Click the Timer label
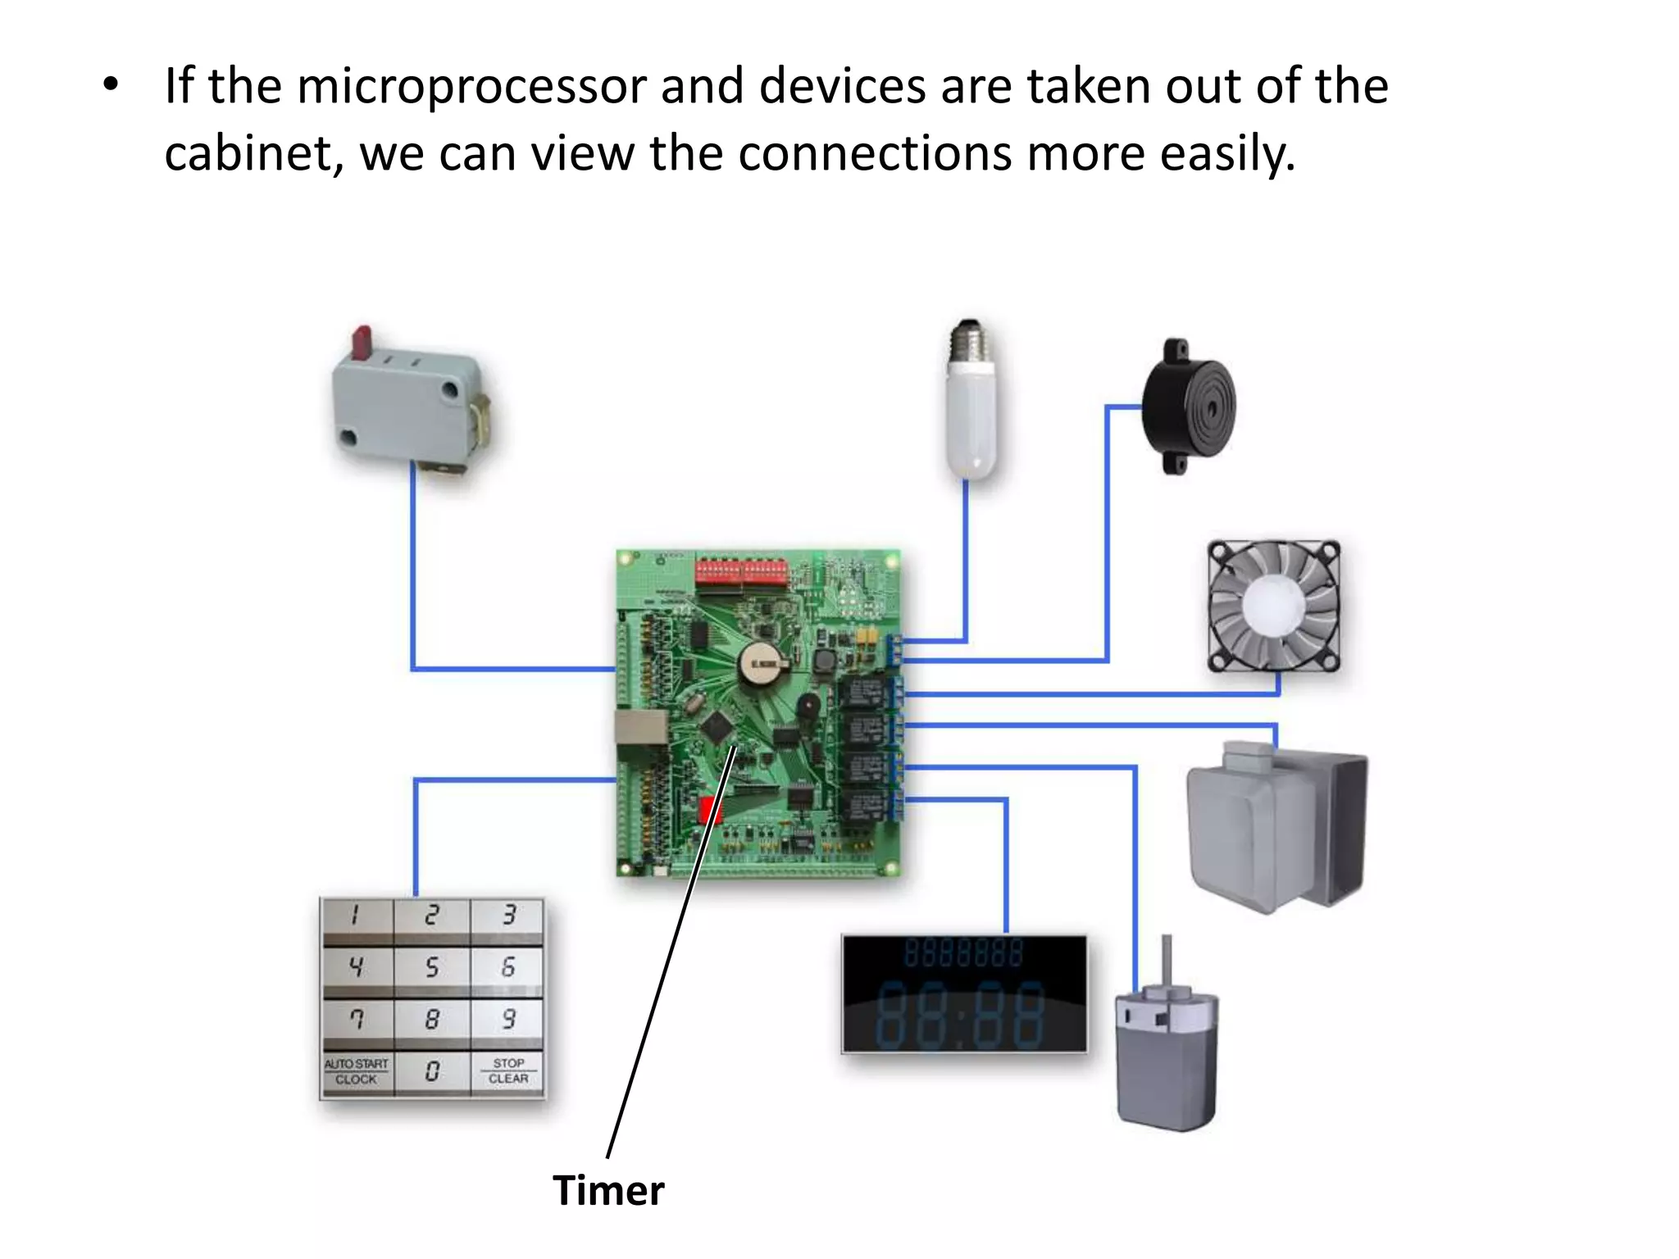[607, 1191]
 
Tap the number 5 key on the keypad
[432, 968]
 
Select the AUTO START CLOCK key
[356, 1071]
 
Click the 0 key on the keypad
[432, 1070]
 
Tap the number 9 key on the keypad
[508, 1019]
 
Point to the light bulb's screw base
[970, 341]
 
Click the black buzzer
[1190, 406]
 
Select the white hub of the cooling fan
[1272, 605]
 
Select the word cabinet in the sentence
[253, 153]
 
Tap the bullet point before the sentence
[111, 84]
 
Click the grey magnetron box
[1275, 828]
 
